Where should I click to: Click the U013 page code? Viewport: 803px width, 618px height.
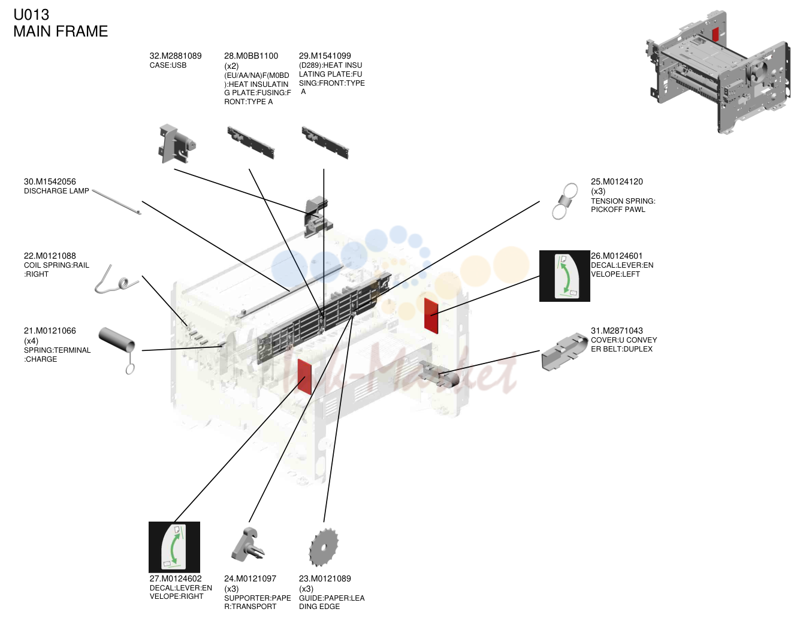coord(31,15)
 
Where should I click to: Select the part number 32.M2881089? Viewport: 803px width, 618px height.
coord(176,56)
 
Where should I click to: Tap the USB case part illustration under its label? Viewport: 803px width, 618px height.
coord(177,144)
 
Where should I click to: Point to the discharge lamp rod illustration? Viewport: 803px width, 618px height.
coord(116,202)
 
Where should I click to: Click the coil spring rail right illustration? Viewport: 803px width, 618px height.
coord(116,280)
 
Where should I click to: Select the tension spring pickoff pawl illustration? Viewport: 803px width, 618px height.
coord(564,201)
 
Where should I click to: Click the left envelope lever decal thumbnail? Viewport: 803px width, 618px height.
coord(564,276)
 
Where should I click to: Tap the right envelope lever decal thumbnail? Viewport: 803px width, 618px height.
coord(174,547)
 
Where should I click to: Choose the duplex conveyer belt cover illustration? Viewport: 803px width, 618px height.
coord(564,351)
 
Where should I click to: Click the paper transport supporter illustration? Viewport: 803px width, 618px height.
coord(247,544)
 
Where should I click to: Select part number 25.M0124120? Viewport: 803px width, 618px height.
coord(617,181)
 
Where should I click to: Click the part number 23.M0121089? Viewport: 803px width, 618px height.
coord(325,578)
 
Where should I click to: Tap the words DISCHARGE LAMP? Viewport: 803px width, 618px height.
coord(56,191)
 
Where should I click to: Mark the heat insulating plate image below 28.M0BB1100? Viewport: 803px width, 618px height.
coord(251,143)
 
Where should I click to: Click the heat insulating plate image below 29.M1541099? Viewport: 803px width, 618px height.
coord(325,143)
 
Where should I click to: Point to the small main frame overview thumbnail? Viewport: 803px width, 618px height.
coord(718,72)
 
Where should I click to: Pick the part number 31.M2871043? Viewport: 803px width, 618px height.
coord(617,331)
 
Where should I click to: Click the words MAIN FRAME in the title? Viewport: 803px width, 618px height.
coord(61,31)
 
